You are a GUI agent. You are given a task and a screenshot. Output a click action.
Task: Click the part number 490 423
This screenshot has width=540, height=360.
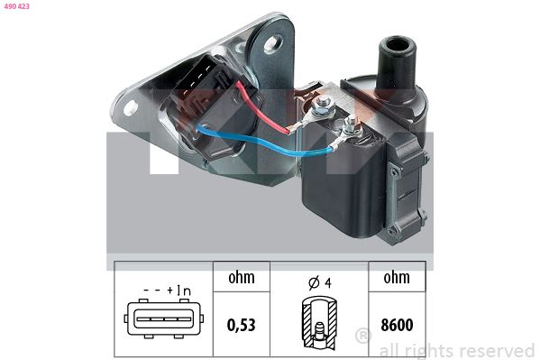pyautogui.click(x=17, y=6)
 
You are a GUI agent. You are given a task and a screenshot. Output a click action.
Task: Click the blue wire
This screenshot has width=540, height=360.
pyautogui.click(x=261, y=142)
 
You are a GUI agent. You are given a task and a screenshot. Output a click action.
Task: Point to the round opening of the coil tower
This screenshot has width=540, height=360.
pyautogui.click(x=397, y=45)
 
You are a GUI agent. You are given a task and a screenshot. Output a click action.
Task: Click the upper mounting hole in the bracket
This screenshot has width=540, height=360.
pyautogui.click(x=273, y=43)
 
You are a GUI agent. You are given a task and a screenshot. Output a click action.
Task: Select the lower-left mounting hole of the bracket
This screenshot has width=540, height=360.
pyautogui.click(x=131, y=107)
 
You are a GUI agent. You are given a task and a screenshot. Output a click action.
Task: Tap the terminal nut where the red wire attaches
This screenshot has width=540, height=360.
pyautogui.click(x=322, y=104)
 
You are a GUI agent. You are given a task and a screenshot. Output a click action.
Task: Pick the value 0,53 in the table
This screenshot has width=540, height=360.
pyautogui.click(x=242, y=325)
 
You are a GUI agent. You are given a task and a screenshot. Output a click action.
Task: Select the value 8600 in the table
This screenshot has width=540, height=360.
pyautogui.click(x=397, y=325)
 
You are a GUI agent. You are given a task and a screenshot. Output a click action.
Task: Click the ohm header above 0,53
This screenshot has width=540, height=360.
pyautogui.click(x=242, y=277)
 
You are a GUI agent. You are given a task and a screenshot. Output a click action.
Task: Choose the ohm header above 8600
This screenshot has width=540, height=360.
pyautogui.click(x=397, y=277)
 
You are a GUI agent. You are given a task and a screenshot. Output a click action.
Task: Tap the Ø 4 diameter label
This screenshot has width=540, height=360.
pyautogui.click(x=320, y=282)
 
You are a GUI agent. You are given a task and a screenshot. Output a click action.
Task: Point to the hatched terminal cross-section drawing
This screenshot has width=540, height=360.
pyautogui.click(x=319, y=323)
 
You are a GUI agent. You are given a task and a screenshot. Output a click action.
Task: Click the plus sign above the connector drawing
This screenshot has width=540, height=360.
pyautogui.click(x=170, y=291)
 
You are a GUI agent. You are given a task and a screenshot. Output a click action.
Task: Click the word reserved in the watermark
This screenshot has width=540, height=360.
pyautogui.click(x=497, y=351)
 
